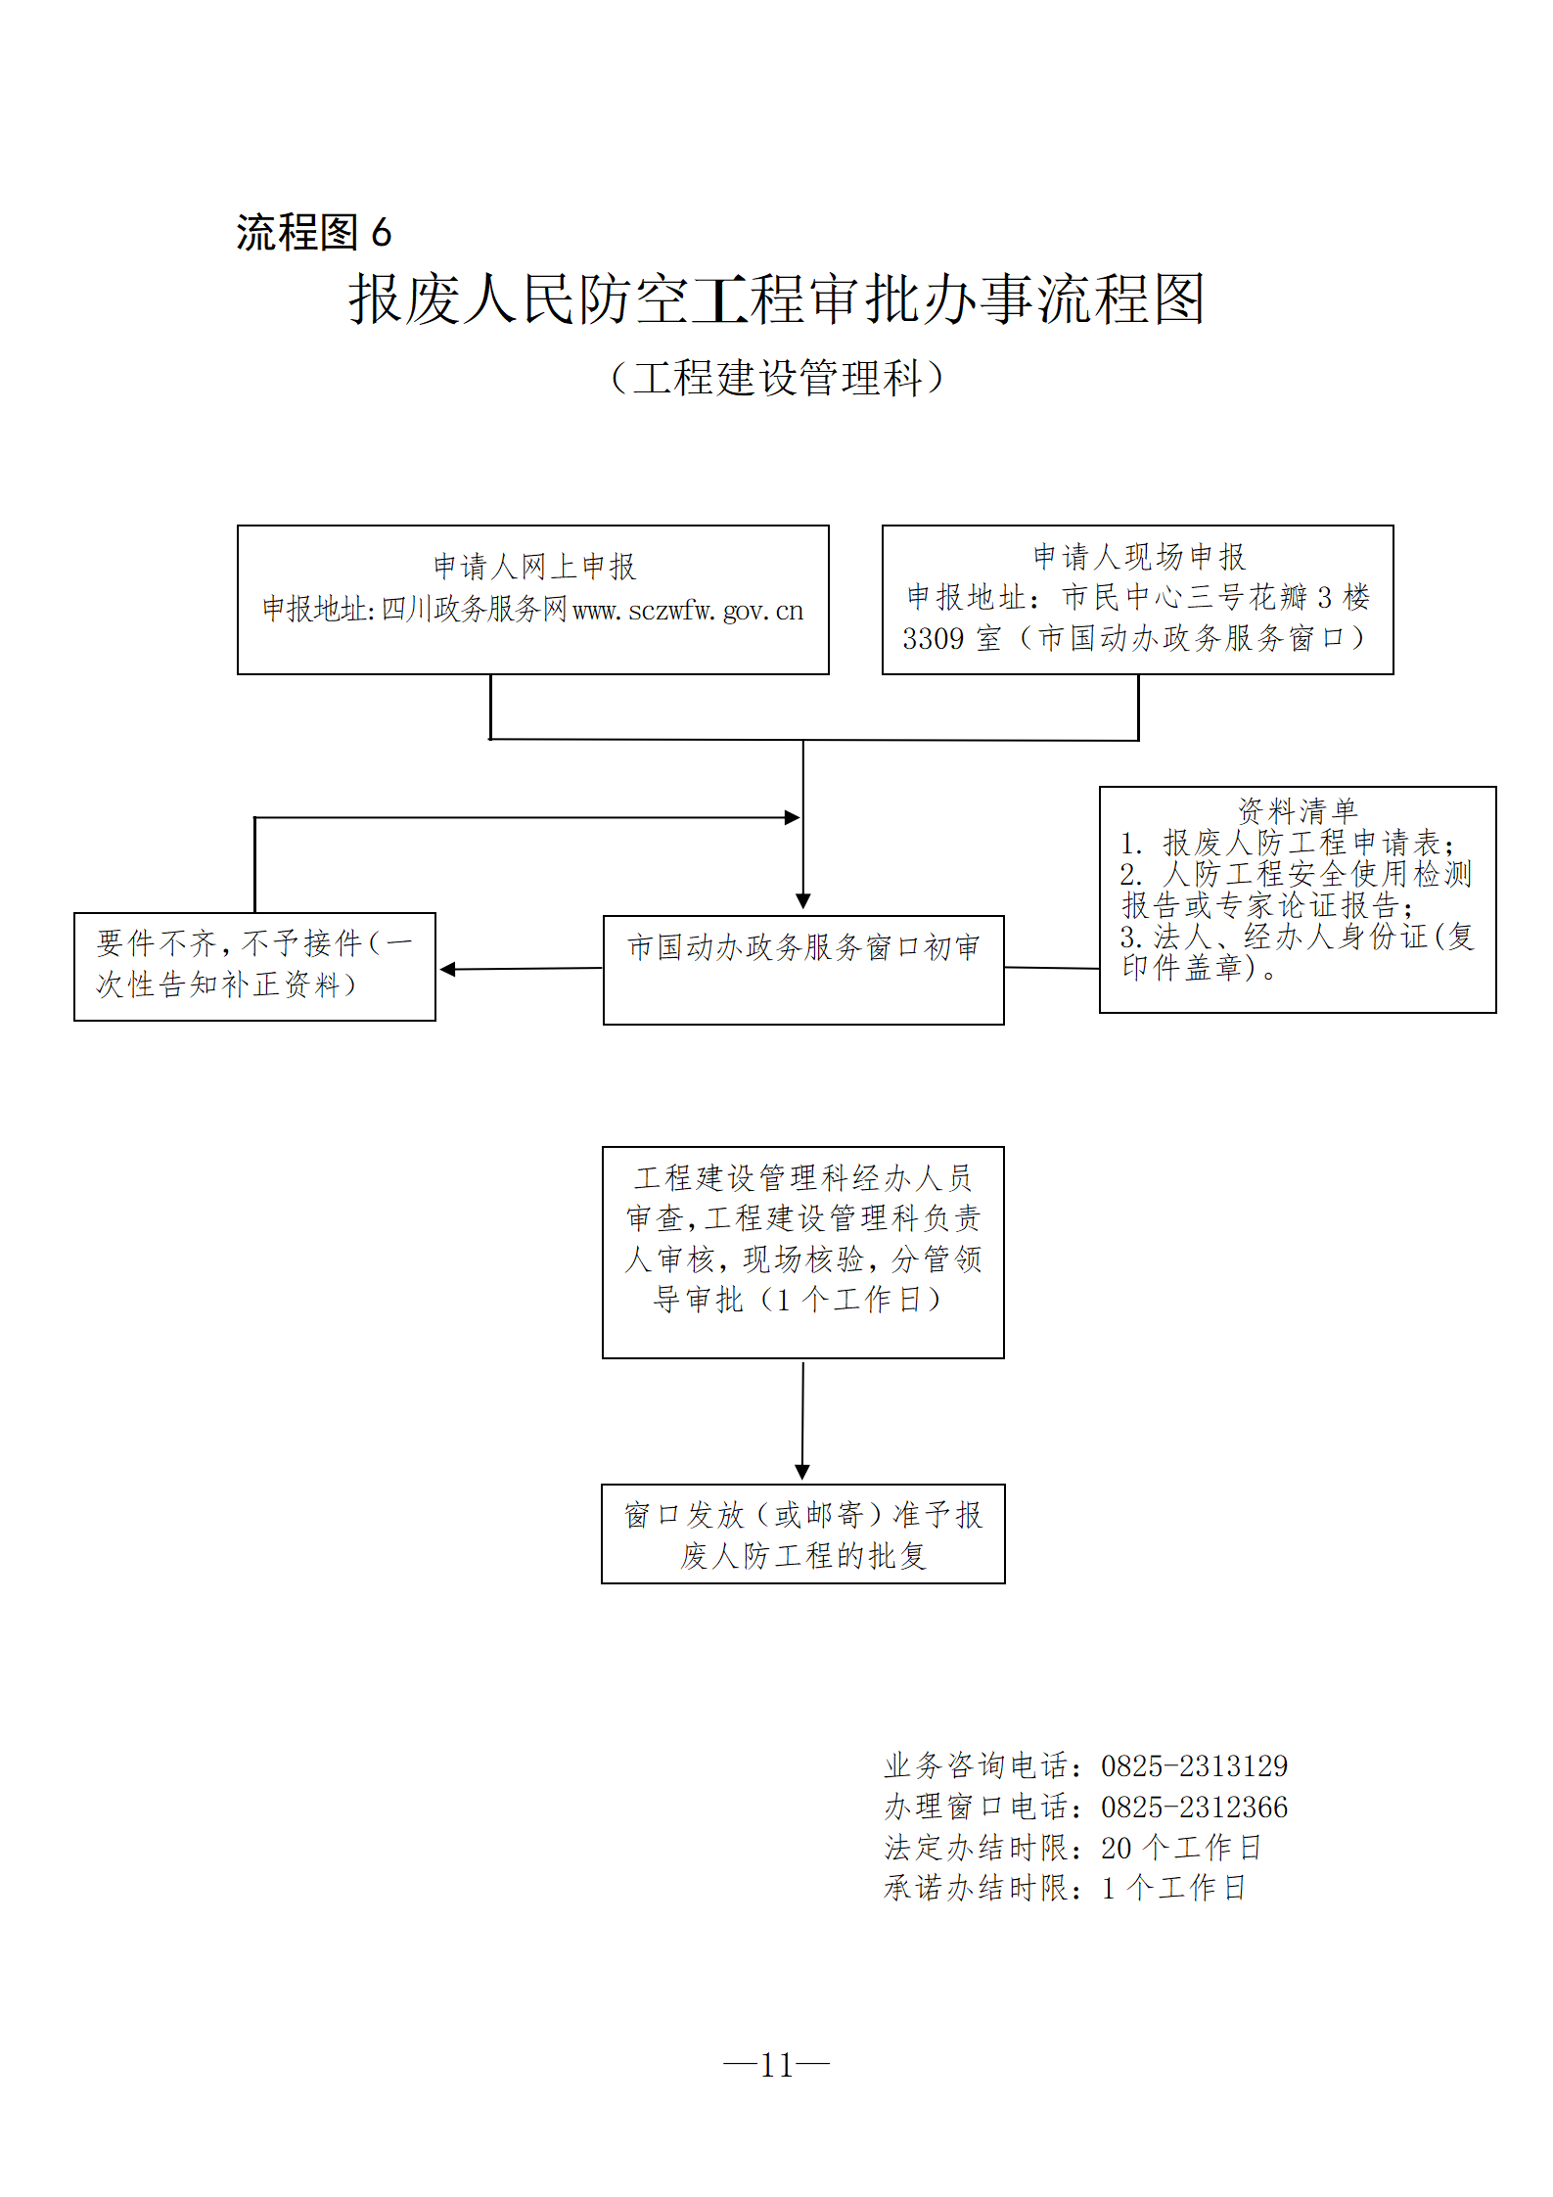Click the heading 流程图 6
tap(313, 233)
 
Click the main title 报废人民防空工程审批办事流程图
tap(776, 298)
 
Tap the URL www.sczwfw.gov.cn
tap(687, 611)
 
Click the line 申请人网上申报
tap(534, 566)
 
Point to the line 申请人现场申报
tap(1139, 557)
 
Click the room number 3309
tap(934, 639)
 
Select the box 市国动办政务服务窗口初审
tap(803, 969)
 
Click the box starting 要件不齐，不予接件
tap(254, 966)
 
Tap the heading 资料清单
tap(1298, 810)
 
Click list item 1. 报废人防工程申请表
tap(1288, 843)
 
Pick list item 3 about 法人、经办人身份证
tap(1297, 952)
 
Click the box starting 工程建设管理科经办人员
tap(803, 1251)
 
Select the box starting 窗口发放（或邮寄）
tap(803, 1533)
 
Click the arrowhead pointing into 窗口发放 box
tap(802, 1472)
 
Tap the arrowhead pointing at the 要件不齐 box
tap(448, 969)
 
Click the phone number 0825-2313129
tap(1194, 1766)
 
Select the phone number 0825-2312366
tap(1194, 1807)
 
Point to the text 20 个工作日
tap(1181, 1848)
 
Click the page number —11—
tap(776, 2065)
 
